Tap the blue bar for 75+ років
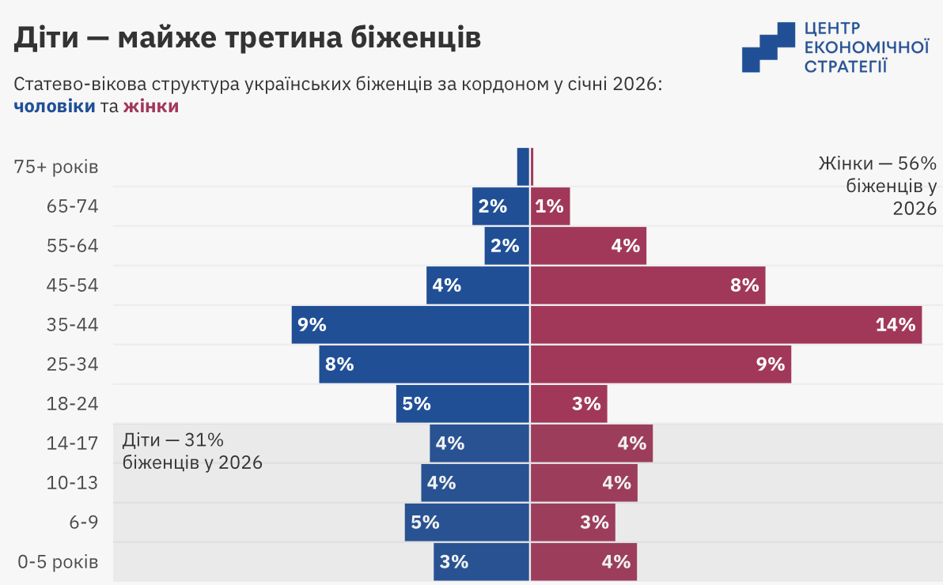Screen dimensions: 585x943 (x=523, y=166)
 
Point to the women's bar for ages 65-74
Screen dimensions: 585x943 (x=550, y=206)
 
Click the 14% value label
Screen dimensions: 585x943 (x=896, y=324)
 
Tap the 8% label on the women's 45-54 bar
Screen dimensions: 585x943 (x=745, y=285)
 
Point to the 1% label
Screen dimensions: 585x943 (x=549, y=206)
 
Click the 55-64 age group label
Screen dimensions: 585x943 (x=73, y=245)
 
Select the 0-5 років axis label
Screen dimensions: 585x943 (x=59, y=562)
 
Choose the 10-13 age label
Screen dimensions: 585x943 (x=73, y=482)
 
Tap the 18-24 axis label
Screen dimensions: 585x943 (x=73, y=403)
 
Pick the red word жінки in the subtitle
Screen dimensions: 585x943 (x=151, y=106)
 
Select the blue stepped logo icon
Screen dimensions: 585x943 (x=767, y=47)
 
